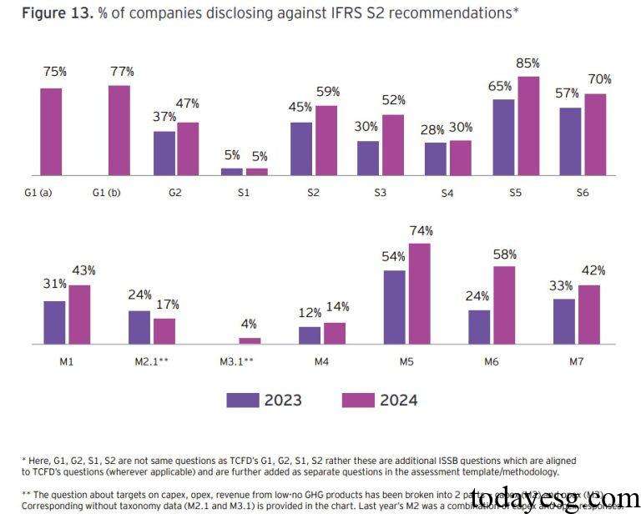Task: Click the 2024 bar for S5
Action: point(528,125)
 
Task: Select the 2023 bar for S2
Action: point(301,149)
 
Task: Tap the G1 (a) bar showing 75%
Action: point(51,131)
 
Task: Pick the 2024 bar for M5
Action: point(419,293)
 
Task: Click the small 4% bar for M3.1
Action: point(250,340)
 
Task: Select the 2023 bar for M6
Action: point(479,326)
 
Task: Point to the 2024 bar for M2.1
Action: point(164,330)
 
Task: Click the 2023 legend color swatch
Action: point(243,401)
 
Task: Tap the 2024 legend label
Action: point(399,401)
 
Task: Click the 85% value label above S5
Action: point(527,63)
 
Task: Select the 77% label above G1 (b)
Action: point(122,72)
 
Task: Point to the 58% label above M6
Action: point(504,254)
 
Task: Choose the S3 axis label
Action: point(381,193)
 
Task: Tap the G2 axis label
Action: point(174,193)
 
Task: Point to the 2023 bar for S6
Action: point(570,141)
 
